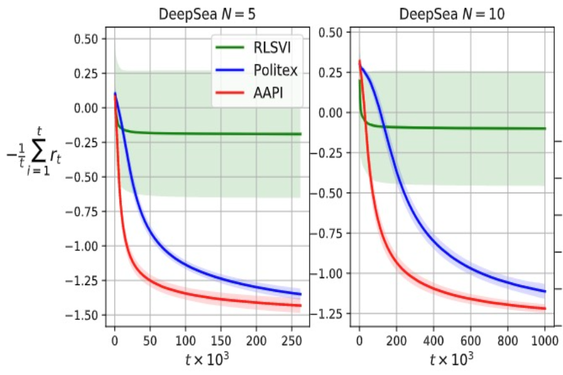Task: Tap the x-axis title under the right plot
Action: [452, 360]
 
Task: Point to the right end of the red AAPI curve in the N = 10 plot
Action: [545, 309]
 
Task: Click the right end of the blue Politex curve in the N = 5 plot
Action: [300, 294]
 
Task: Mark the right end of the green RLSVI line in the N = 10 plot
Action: [545, 128]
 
